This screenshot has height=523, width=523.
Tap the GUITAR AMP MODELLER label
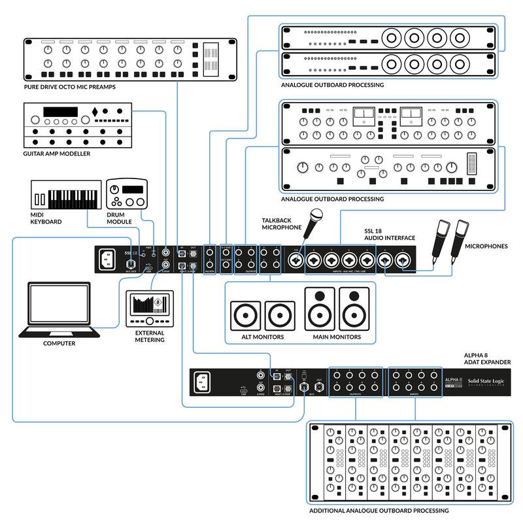tap(56, 154)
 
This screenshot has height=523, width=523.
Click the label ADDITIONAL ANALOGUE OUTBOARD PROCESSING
tap(379, 510)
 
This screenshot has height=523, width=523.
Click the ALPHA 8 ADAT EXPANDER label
tap(486, 358)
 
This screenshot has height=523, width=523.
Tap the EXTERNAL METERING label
tap(150, 336)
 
